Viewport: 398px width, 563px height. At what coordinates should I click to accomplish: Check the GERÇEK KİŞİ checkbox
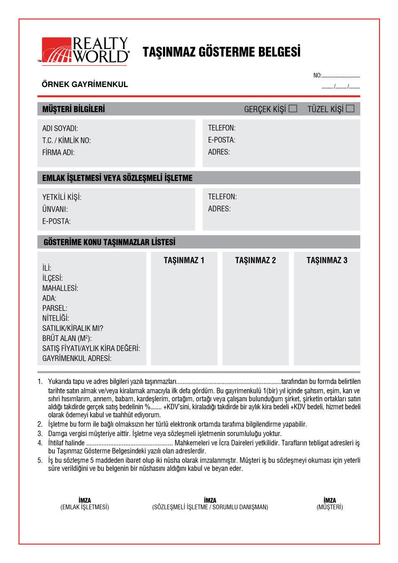click(293, 108)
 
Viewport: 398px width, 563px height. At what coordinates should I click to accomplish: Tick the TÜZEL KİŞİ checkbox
click(350, 108)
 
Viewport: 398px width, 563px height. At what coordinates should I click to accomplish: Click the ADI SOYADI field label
click(60, 129)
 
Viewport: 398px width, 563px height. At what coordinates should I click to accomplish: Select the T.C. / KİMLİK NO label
click(66, 140)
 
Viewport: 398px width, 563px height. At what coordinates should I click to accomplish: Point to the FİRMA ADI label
click(58, 152)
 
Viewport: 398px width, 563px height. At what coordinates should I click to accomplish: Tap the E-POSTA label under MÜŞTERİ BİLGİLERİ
click(221, 140)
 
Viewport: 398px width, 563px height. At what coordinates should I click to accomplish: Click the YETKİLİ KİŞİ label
click(62, 197)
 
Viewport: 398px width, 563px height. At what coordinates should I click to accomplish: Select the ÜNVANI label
click(55, 209)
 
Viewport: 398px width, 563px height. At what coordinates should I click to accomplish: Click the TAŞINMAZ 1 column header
click(184, 261)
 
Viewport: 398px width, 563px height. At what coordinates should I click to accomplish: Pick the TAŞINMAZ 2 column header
click(256, 261)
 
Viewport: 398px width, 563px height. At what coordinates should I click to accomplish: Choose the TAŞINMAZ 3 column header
click(327, 261)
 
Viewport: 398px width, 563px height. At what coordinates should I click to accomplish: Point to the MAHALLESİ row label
click(60, 288)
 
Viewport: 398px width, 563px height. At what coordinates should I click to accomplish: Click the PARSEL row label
click(54, 308)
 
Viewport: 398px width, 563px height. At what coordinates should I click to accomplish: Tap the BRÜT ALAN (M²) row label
click(67, 338)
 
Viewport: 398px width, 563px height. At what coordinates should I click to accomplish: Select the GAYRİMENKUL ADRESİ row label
click(77, 359)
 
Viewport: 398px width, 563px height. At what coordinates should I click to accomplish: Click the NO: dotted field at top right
click(341, 76)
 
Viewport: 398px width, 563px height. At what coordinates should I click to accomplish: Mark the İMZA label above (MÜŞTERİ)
click(330, 500)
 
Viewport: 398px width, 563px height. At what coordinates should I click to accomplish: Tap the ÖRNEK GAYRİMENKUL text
click(85, 84)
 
